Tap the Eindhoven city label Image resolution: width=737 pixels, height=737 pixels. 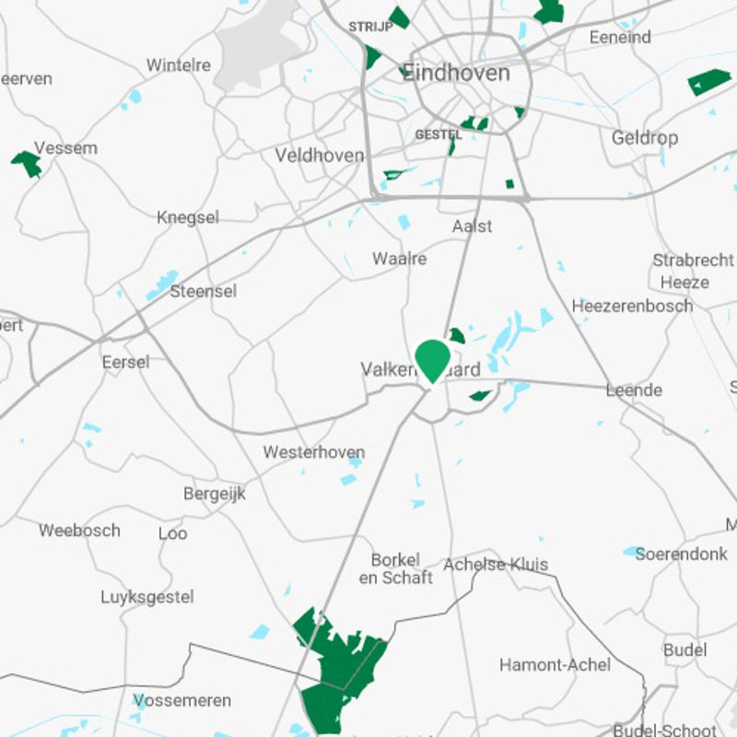(x=456, y=73)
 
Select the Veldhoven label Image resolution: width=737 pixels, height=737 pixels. (x=320, y=156)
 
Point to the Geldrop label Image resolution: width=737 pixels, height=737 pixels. (x=645, y=138)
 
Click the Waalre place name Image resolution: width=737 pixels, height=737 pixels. (x=399, y=259)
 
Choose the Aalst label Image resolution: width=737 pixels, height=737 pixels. (x=472, y=226)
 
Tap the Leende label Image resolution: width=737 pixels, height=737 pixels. (x=634, y=391)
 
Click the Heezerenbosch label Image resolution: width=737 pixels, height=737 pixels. (x=632, y=306)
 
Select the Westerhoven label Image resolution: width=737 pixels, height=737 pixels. (x=313, y=452)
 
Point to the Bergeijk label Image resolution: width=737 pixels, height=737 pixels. (x=215, y=494)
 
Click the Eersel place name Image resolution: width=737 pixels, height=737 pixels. (x=125, y=362)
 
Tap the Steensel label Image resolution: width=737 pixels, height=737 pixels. (x=203, y=291)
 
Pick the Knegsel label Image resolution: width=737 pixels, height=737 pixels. (x=188, y=217)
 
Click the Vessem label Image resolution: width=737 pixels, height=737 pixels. (x=65, y=147)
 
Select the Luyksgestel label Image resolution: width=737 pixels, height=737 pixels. (x=147, y=597)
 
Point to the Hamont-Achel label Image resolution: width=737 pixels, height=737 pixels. (x=555, y=664)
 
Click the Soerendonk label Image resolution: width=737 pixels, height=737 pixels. (x=683, y=556)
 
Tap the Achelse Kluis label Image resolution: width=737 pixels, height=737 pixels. (x=496, y=565)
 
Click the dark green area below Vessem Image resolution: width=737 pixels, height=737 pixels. (x=28, y=164)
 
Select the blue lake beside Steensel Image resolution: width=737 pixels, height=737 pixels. (x=163, y=285)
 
